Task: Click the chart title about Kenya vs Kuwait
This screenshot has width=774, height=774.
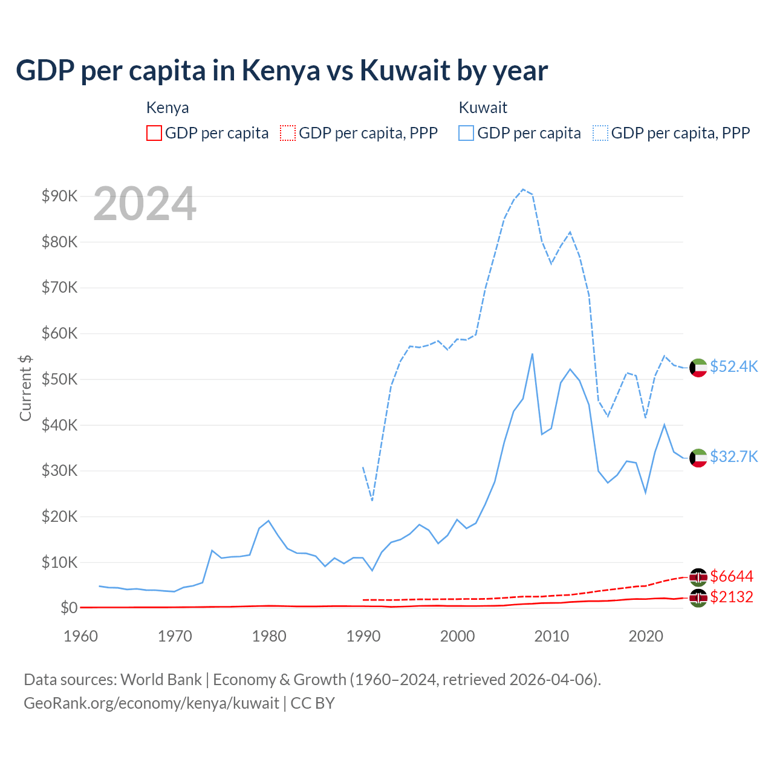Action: (x=281, y=70)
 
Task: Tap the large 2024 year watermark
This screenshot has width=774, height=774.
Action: (x=145, y=204)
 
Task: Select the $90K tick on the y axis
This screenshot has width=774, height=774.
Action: (x=59, y=196)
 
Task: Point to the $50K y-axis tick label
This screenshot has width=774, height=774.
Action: (x=59, y=379)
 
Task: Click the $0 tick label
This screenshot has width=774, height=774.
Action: (x=69, y=608)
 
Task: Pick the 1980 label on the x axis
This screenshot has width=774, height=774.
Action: (x=269, y=636)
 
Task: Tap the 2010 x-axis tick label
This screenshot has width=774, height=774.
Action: (x=551, y=636)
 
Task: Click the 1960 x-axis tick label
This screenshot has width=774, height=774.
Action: (x=81, y=636)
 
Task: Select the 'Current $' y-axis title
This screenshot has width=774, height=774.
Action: (x=25, y=388)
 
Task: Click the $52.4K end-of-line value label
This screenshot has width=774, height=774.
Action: (x=733, y=366)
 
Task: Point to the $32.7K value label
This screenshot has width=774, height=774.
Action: (x=733, y=456)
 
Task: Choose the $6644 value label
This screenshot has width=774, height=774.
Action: (x=732, y=576)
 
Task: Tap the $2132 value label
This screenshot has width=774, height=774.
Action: (x=732, y=597)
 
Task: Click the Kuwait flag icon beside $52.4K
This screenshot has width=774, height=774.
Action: (x=698, y=367)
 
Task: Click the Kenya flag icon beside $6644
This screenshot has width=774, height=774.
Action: (x=698, y=577)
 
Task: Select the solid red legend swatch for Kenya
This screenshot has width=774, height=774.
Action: (x=154, y=133)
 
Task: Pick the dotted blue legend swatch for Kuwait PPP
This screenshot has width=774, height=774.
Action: (x=600, y=133)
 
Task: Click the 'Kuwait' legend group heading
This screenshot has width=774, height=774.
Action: (x=483, y=108)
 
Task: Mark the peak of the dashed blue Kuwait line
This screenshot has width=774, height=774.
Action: (x=523, y=189)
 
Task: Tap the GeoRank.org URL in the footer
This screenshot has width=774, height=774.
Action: (x=151, y=703)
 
